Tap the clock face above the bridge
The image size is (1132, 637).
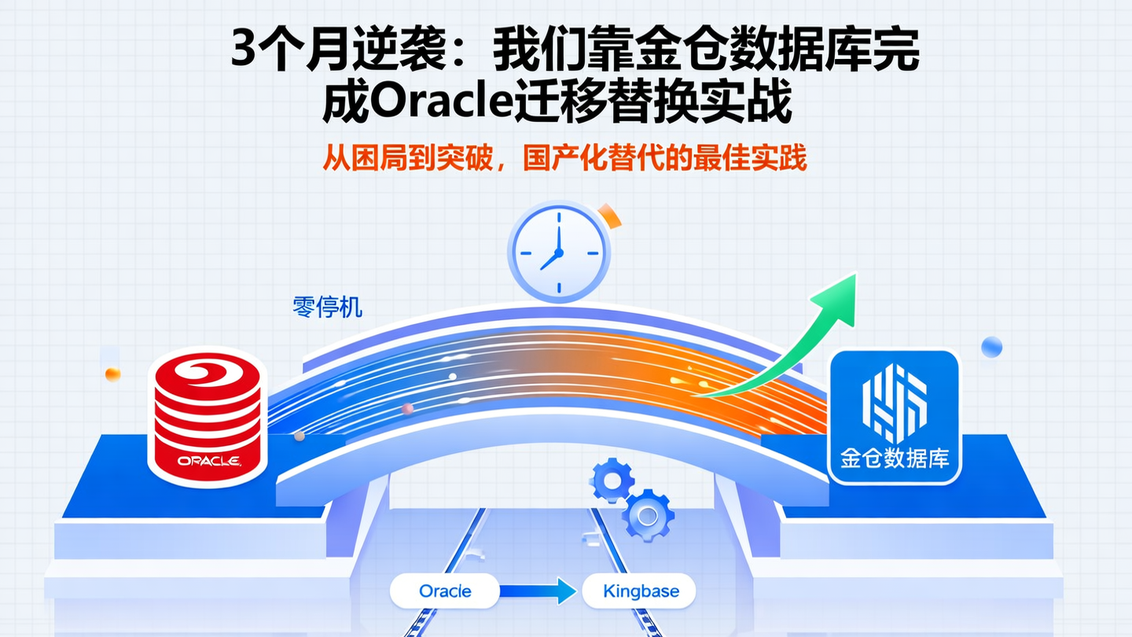point(557,252)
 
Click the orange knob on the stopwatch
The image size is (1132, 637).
point(608,215)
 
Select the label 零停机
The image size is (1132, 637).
point(327,307)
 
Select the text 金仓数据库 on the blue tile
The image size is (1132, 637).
point(895,458)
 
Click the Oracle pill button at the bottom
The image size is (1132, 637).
point(445,591)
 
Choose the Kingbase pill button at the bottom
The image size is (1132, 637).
point(640,591)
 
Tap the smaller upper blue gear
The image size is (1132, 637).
point(611,480)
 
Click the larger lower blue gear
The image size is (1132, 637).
point(647,515)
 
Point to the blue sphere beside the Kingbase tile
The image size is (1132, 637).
point(992,346)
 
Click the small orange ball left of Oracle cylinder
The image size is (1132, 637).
point(112,374)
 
